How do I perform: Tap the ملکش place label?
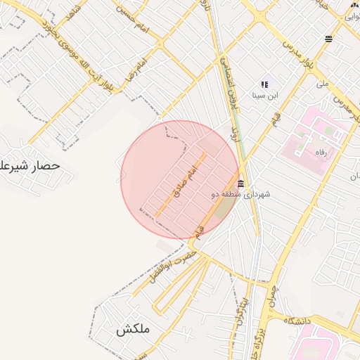coord(133,329)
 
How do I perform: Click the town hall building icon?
coord(241,184)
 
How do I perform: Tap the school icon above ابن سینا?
coord(265,84)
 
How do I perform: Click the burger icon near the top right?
coord(328,39)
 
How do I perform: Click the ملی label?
coord(323,83)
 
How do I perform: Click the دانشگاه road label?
coord(297,321)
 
